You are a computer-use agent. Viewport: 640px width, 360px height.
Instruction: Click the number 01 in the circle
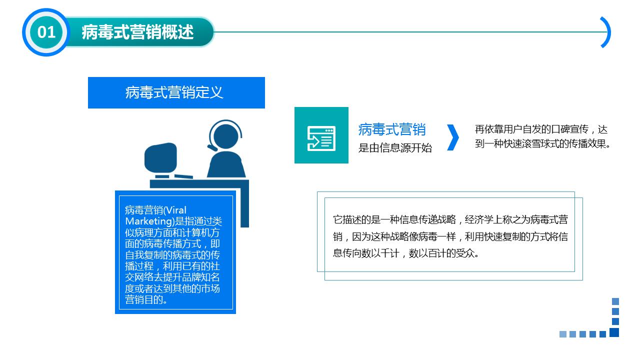click(46, 32)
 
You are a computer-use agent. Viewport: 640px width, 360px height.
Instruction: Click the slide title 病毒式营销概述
click(137, 32)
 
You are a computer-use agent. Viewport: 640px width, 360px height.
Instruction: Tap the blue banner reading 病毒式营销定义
click(176, 92)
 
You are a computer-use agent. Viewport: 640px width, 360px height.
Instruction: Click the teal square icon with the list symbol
click(321, 135)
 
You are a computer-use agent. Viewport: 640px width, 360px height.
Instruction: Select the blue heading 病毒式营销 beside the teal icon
click(392, 129)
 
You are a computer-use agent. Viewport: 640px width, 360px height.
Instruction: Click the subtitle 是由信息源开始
click(395, 148)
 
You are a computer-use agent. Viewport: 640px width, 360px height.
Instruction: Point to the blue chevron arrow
click(452, 137)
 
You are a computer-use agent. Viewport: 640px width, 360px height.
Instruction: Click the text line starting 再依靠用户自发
click(541, 129)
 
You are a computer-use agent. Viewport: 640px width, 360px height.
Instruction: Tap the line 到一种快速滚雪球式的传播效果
click(543, 144)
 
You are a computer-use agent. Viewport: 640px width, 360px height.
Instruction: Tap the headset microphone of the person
click(212, 148)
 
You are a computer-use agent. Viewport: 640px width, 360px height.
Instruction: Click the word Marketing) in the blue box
click(148, 221)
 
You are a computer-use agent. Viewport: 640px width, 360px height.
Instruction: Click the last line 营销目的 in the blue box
click(146, 300)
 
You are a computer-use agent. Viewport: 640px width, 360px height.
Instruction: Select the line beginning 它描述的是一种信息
click(450, 219)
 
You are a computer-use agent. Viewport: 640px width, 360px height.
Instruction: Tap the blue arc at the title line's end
click(606, 32)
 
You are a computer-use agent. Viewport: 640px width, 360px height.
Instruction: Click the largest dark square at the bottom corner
click(614, 332)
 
